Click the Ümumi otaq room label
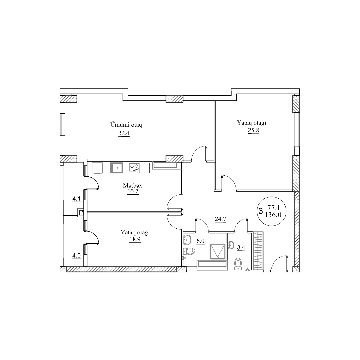[x=126, y=125]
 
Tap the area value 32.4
[x=124, y=133]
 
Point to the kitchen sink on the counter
[x=116, y=167]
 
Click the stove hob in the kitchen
[x=134, y=167]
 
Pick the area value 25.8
[x=253, y=131]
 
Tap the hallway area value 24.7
[x=220, y=219]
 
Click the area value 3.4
[x=241, y=248]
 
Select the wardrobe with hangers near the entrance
[x=258, y=251]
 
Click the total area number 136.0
[x=273, y=215]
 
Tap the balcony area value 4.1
[x=76, y=199]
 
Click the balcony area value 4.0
[x=76, y=256]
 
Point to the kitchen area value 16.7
[x=133, y=191]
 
